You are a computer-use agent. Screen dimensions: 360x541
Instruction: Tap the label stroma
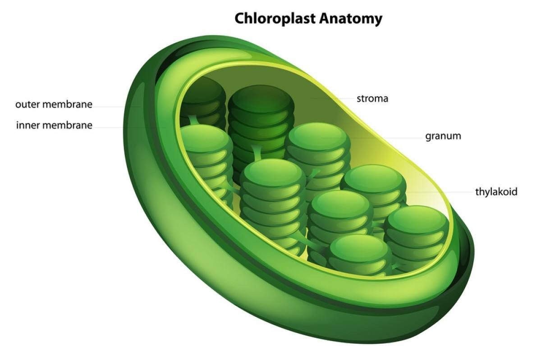(x=372, y=98)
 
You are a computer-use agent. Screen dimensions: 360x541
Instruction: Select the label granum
(x=443, y=136)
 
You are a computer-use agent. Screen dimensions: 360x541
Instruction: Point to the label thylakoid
(x=496, y=192)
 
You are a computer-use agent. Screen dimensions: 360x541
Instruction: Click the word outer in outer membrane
(x=27, y=105)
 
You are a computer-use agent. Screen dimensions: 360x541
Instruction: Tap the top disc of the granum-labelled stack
(x=317, y=135)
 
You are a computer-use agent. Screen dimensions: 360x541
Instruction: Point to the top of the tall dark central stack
(x=261, y=98)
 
